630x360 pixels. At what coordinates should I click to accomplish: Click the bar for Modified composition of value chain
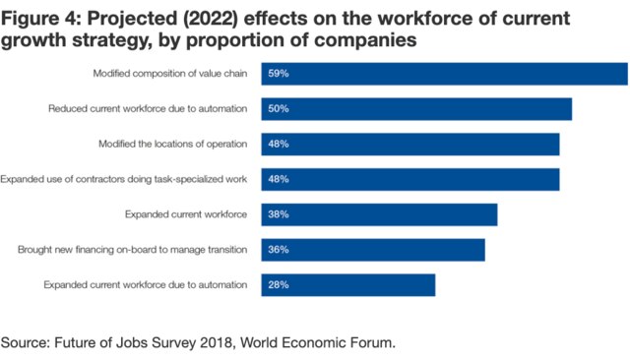click(444, 74)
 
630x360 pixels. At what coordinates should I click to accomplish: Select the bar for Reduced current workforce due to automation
click(416, 109)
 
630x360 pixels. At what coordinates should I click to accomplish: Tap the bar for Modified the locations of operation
click(410, 144)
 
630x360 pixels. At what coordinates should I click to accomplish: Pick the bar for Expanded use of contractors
click(410, 179)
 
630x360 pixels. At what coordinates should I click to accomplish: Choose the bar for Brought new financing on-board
click(373, 250)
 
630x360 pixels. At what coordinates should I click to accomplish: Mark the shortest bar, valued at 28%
click(348, 285)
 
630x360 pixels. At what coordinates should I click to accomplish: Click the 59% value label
click(278, 74)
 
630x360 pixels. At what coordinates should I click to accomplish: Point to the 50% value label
click(278, 109)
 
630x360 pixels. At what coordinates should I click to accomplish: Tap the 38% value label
click(278, 214)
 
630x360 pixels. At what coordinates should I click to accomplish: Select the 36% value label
click(278, 250)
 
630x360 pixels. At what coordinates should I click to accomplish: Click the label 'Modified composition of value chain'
click(169, 74)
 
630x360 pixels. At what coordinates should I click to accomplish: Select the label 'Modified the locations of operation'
click(172, 144)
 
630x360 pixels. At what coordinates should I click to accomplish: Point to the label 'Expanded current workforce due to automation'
click(146, 285)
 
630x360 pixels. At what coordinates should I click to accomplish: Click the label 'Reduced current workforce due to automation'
click(148, 109)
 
